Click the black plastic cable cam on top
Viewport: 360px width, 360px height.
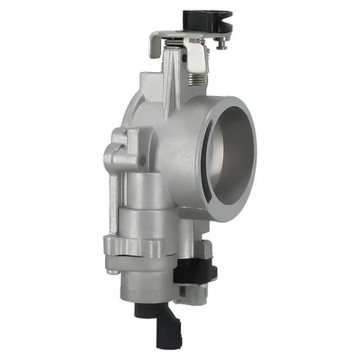206,20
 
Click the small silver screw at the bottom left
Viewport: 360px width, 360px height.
112,267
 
